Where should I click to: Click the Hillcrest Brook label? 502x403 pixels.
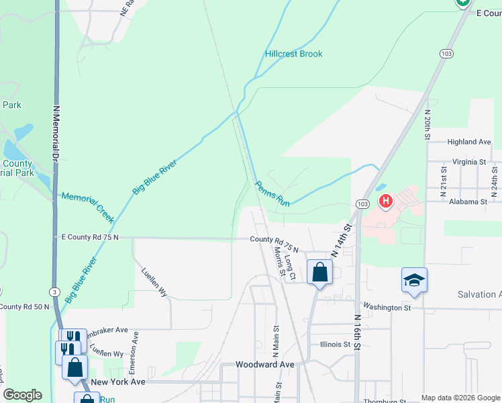coord(293,54)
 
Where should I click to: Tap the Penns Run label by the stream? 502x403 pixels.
coord(272,193)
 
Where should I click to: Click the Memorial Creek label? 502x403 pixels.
coord(88,208)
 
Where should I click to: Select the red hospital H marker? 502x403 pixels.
coord(386,201)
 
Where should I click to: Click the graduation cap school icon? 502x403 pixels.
coord(414,279)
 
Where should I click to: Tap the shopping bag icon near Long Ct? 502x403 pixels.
coord(319,272)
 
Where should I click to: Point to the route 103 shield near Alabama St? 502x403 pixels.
coord(362,204)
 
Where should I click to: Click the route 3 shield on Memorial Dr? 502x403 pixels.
coord(53,292)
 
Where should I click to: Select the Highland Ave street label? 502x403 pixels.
coord(469,142)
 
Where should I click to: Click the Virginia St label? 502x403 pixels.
coord(469,162)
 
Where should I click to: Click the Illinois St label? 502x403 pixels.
coord(335,344)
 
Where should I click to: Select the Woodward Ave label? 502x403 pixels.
coord(265,364)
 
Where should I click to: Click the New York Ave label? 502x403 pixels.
coord(118,382)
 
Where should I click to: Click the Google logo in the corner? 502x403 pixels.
coord(22,395)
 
